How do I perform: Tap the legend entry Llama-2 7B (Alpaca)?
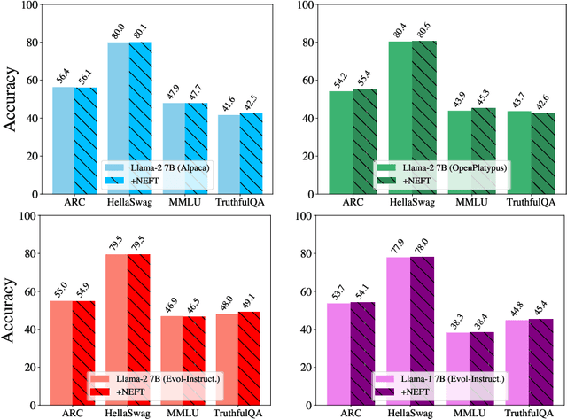point(155,167)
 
